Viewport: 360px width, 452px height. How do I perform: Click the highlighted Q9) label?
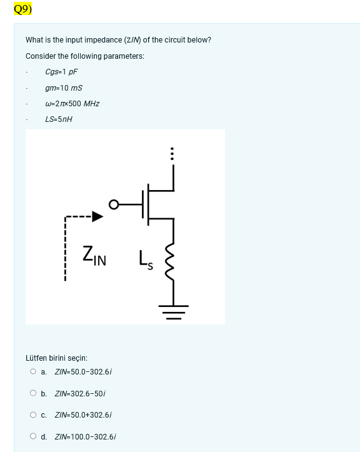tap(22, 9)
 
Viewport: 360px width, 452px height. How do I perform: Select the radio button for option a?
tap(33, 371)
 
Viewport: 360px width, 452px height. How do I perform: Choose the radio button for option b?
tap(33, 393)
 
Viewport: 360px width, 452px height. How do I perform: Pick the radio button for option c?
tap(33, 414)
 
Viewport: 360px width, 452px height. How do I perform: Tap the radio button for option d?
tap(33, 436)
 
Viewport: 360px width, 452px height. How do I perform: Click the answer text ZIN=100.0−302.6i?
tap(86, 437)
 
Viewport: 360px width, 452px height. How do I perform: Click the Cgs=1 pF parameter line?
tap(61, 72)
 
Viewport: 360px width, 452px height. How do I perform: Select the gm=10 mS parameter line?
tap(64, 88)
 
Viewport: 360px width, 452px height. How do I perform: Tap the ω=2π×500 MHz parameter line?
tap(72, 104)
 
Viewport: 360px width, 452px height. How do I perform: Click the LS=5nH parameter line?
tap(59, 119)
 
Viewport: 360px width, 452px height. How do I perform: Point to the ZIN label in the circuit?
tap(94, 256)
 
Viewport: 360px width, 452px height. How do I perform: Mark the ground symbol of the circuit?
tap(172, 309)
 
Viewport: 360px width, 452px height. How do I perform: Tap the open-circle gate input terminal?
tap(113, 204)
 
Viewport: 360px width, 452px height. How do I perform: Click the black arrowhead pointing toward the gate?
tap(97, 217)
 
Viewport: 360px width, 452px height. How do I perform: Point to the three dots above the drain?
tap(172, 153)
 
